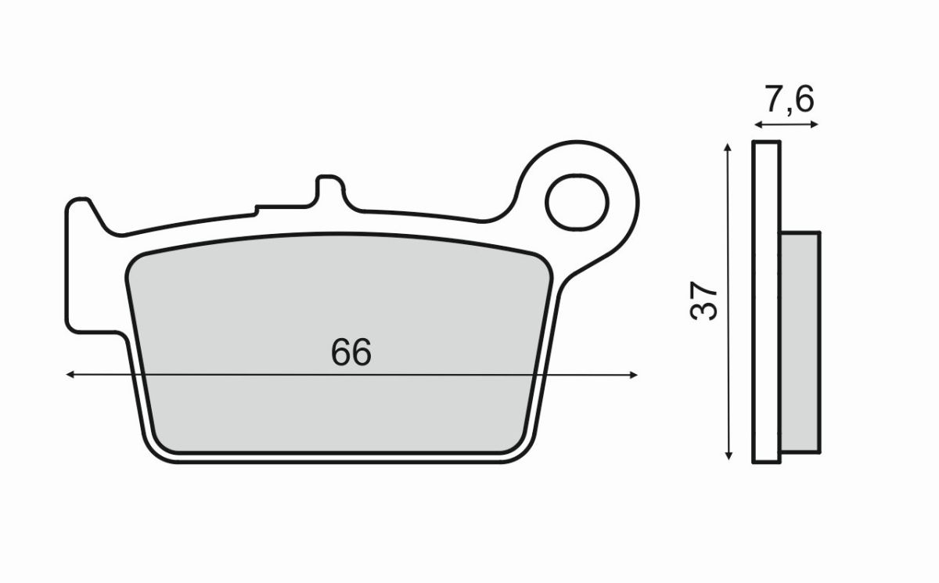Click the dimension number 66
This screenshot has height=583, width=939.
[350, 353]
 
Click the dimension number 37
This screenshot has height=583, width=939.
[704, 300]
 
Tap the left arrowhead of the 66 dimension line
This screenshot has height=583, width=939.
[70, 375]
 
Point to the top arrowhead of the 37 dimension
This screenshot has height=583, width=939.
[729, 147]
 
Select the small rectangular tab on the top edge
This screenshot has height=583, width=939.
[329, 192]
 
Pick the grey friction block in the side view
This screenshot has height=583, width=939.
[800, 342]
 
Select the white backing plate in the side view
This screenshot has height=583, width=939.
[767, 302]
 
